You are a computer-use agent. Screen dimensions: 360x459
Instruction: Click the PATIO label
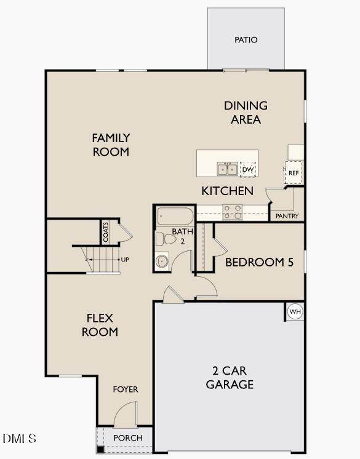[246, 40]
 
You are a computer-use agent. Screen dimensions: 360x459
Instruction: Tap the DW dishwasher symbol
[248, 169]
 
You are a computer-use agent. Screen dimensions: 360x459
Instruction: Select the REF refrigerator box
[294, 173]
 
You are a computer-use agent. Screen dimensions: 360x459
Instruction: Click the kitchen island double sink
[228, 169]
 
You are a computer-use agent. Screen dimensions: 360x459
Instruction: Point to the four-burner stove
[233, 212]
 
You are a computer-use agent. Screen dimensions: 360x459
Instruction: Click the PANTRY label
[287, 216]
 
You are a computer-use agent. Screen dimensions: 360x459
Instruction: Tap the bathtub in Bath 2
[175, 216]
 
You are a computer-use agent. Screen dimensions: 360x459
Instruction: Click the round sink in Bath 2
[162, 261]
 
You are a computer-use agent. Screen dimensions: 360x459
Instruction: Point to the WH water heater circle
[295, 311]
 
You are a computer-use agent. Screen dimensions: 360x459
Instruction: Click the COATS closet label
[106, 232]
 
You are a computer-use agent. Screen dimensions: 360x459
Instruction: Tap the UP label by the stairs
[125, 260]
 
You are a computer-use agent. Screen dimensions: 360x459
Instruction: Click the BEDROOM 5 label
[259, 262]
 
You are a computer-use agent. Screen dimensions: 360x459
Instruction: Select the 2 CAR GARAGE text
[230, 378]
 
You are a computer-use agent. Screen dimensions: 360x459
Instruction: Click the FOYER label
[126, 389]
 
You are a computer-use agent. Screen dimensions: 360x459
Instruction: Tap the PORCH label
[128, 438]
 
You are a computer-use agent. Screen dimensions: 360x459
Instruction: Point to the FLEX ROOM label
[100, 325]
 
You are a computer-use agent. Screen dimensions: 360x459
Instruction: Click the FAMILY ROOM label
[111, 145]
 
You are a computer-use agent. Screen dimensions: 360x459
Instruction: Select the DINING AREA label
[246, 113]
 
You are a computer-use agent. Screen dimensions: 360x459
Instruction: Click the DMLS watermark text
[19, 439]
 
